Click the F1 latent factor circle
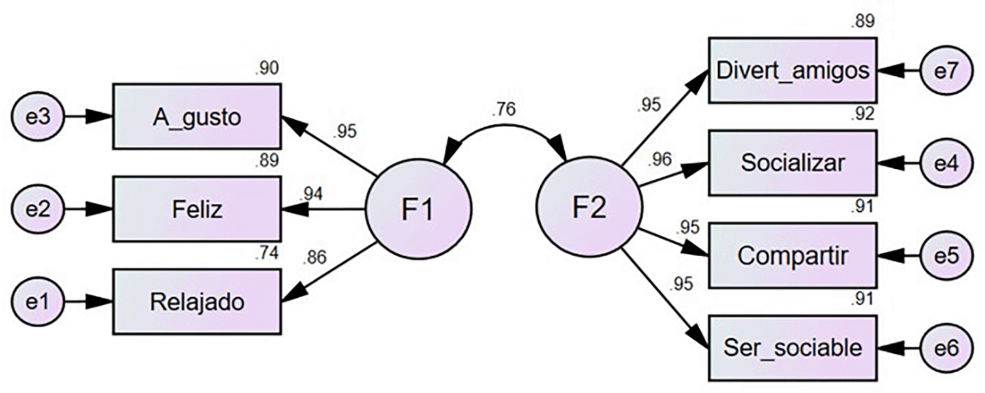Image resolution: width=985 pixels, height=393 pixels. (417, 210)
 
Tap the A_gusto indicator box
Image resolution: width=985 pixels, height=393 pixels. (197, 117)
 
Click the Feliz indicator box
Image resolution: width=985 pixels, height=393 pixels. (197, 209)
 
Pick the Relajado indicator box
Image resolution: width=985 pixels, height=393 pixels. (197, 302)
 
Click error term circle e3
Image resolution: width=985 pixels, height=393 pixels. (38, 117)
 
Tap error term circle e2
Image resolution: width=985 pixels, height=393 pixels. (38, 210)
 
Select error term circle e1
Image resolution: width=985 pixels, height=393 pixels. (38, 302)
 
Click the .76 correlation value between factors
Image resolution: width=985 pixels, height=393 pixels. (503, 109)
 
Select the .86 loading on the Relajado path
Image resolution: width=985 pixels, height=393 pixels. (315, 258)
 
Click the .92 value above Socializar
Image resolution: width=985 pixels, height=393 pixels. (862, 115)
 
